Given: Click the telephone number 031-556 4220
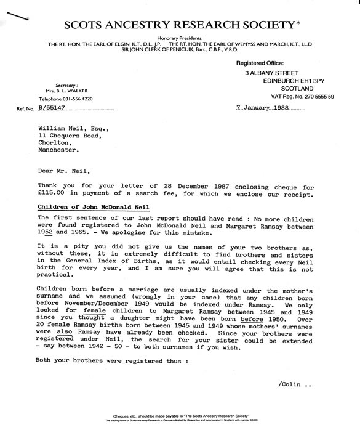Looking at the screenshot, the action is point(66,99).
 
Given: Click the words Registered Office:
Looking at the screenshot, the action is point(260,63).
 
